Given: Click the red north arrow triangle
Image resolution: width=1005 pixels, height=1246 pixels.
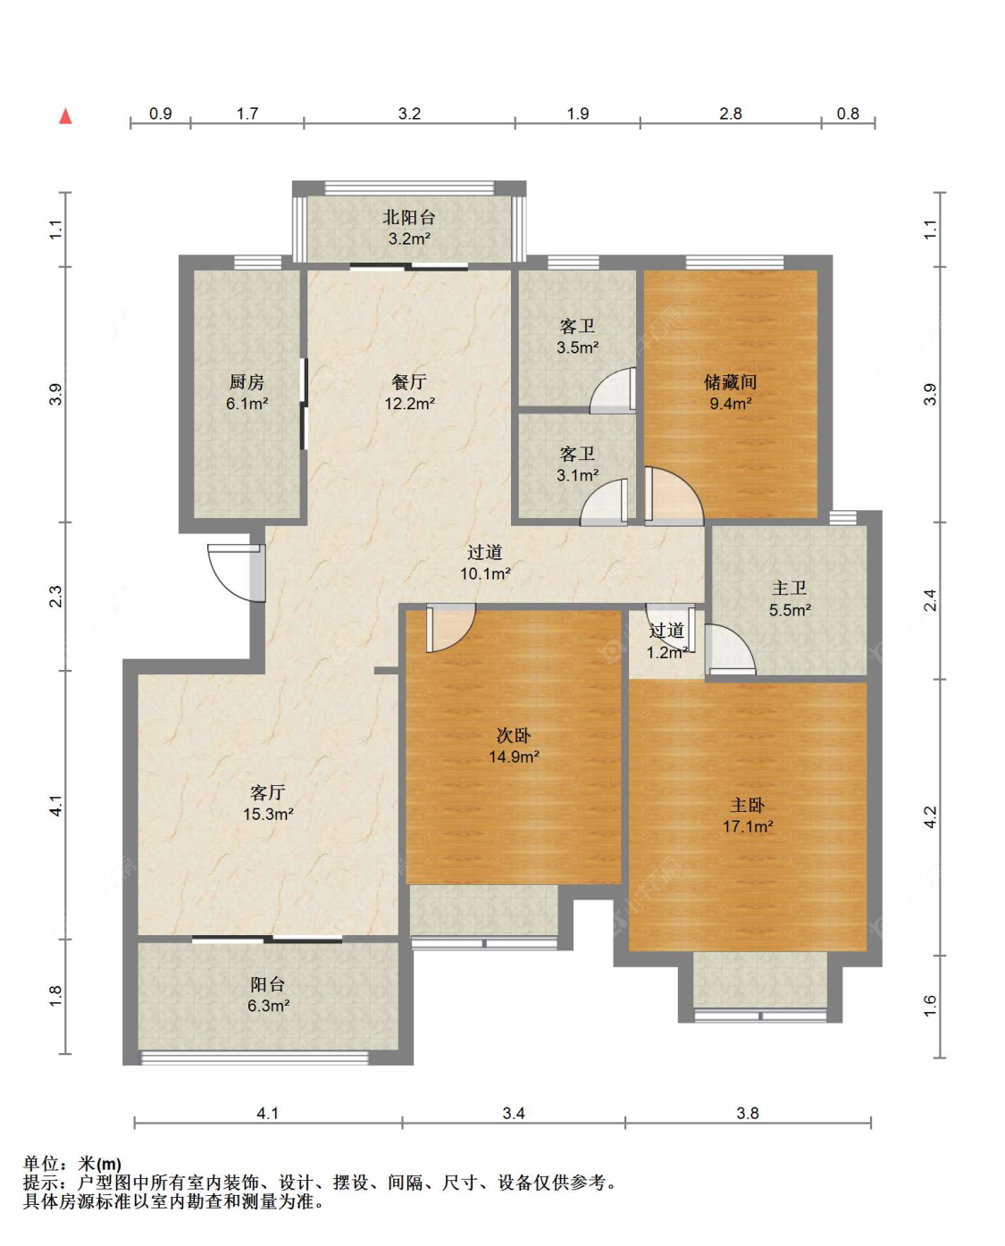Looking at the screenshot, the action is [66, 116].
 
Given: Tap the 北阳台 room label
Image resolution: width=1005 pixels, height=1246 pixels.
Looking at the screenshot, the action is [409, 218].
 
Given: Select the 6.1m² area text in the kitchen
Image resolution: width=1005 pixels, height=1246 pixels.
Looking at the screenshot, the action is [247, 404].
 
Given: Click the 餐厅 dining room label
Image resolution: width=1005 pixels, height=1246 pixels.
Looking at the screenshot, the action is [409, 381].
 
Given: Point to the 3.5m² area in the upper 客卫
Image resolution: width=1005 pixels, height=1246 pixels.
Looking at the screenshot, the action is [577, 347].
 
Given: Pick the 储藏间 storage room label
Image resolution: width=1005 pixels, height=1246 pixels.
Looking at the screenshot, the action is [731, 381].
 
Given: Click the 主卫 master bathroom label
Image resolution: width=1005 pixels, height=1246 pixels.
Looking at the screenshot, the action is [789, 589].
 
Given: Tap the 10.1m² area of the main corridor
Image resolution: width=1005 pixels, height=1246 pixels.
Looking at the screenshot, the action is [485, 573].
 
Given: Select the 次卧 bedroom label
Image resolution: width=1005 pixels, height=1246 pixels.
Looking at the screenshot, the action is [514, 735].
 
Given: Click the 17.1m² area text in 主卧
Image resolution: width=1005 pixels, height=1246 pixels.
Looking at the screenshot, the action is [748, 826].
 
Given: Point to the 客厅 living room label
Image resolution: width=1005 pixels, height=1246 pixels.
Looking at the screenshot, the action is [268, 792].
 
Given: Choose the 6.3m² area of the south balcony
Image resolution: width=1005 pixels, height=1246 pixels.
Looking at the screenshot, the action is [268, 1006].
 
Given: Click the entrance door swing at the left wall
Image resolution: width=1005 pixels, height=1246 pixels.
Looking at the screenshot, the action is [237, 573].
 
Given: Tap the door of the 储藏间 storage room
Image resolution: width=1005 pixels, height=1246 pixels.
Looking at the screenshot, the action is [674, 497].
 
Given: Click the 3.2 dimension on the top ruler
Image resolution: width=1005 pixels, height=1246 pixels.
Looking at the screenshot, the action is [409, 113].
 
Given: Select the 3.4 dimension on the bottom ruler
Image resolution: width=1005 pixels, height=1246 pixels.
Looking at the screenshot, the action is [513, 1113].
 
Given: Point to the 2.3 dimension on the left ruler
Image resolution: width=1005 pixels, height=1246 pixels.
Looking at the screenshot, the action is [55, 597].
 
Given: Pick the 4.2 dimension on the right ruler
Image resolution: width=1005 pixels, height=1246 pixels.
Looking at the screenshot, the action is [929, 817].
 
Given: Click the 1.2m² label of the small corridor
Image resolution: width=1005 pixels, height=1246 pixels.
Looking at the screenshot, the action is [667, 653].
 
